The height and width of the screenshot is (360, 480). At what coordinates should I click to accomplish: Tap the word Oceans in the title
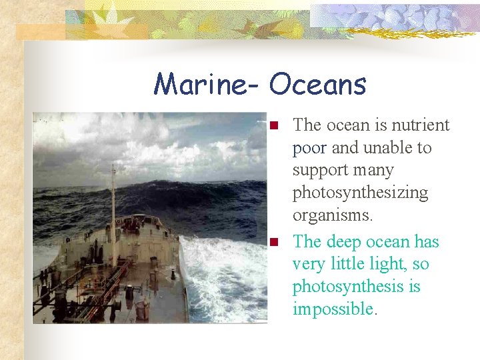(x=318, y=85)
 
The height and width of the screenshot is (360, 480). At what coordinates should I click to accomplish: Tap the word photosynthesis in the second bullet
(x=356, y=287)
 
